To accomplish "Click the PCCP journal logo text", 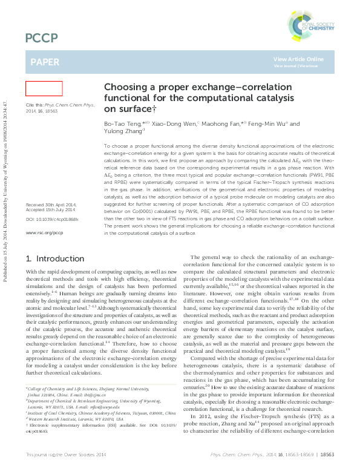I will tap(42, 39).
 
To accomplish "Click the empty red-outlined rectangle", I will tap(44, 89).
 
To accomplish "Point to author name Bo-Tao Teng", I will tap(122, 123).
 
